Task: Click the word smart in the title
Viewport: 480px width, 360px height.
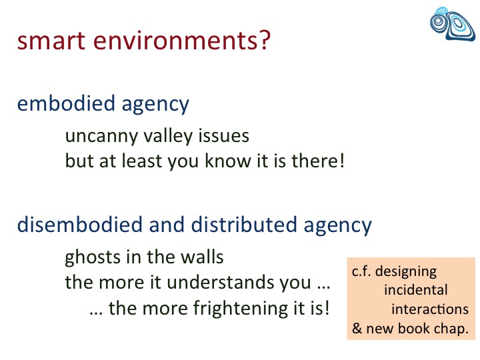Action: (51, 41)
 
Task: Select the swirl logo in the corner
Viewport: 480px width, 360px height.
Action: (453, 24)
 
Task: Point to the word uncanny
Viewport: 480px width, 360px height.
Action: (101, 137)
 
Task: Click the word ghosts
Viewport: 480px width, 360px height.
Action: (93, 257)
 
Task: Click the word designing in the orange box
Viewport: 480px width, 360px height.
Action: (406, 271)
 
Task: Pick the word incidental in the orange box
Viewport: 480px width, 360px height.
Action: (416, 289)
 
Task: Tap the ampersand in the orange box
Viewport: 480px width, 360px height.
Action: (357, 328)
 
